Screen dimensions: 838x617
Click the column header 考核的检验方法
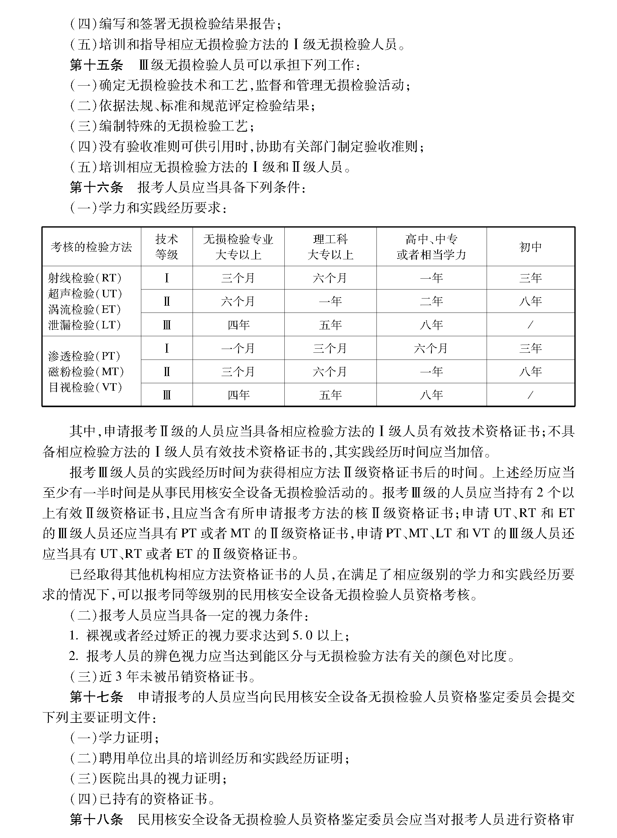point(91,247)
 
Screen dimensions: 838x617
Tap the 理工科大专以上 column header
point(330,247)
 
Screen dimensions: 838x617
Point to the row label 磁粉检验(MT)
point(86,372)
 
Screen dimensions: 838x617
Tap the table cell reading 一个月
point(238,349)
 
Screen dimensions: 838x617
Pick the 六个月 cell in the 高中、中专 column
point(431,349)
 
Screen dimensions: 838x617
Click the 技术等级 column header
point(166,247)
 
